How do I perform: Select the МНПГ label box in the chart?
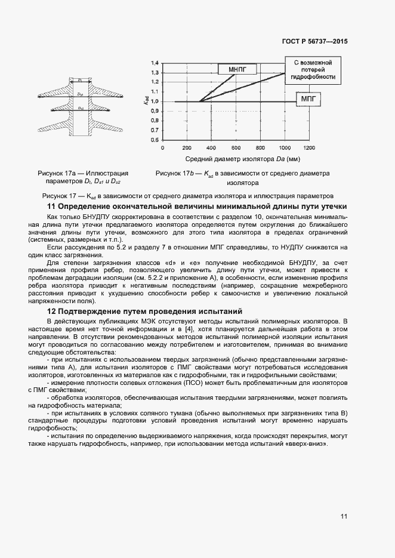(x=237, y=69)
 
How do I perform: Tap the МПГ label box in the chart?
(x=308, y=98)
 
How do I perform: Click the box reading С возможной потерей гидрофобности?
(x=313, y=69)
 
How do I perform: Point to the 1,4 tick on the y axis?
(x=155, y=63)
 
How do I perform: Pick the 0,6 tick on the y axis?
(x=155, y=140)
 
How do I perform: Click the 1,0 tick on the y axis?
(x=155, y=101)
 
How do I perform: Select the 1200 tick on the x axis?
(x=309, y=147)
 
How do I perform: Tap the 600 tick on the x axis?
(x=236, y=147)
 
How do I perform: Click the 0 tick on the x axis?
(x=162, y=147)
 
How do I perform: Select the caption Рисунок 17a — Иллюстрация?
(x=83, y=173)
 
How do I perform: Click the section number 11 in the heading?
(x=51, y=206)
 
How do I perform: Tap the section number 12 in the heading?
(x=51, y=311)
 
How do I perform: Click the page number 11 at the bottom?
(x=344, y=516)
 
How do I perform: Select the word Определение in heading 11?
(x=85, y=206)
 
